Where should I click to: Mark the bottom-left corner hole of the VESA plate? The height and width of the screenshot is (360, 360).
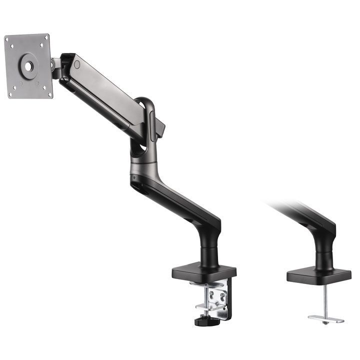(x=13, y=94)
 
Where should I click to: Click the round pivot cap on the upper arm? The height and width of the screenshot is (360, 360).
(x=76, y=64)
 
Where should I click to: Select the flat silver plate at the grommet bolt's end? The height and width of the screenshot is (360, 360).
(x=325, y=318)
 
